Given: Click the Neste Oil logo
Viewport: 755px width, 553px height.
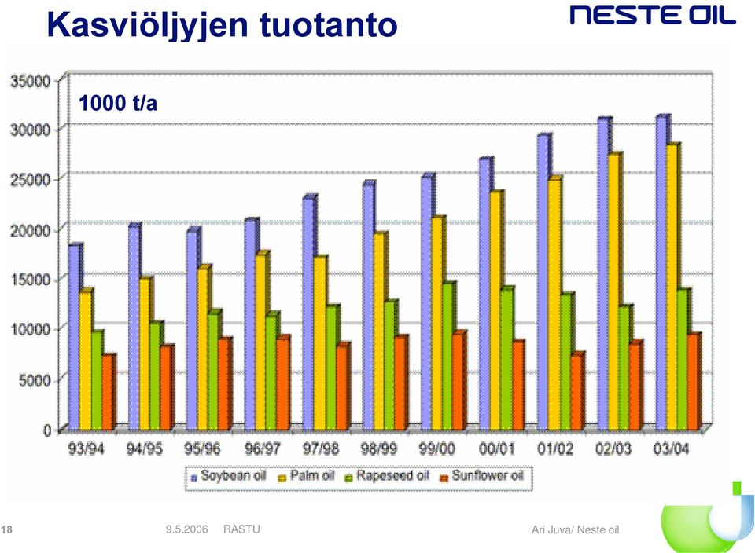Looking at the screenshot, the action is click(x=653, y=15).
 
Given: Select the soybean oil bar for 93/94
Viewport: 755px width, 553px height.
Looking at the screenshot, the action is click(x=75, y=337).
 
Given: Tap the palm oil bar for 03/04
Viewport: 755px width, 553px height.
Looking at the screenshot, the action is click(x=672, y=287).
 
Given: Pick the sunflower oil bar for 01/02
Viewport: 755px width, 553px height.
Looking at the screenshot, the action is click(x=578, y=390).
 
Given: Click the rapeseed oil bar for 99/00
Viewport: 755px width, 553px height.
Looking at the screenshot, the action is click(x=449, y=356).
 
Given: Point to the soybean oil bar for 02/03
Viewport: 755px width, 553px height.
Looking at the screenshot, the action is click(x=605, y=273).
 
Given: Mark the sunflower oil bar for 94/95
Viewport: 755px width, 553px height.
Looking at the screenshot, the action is click(x=167, y=387).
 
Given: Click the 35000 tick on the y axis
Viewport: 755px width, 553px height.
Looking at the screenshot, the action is click(x=31, y=81).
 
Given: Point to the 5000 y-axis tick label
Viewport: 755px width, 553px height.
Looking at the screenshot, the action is click(x=35, y=380).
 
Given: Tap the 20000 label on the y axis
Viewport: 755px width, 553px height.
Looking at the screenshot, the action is click(x=31, y=230).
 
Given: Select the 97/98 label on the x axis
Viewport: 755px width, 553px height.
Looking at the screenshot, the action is click(x=321, y=449).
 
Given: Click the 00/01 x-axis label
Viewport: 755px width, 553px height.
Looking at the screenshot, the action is click(x=497, y=449).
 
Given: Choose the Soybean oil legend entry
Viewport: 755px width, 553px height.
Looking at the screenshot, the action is click(x=228, y=476).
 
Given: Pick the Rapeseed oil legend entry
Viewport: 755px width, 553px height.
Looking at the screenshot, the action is click(x=387, y=476).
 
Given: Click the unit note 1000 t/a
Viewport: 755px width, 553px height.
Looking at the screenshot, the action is click(x=118, y=104).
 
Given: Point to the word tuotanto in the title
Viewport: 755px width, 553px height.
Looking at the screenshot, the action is click(x=329, y=25).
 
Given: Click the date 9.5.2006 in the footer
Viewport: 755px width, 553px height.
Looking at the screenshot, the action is click(x=187, y=529).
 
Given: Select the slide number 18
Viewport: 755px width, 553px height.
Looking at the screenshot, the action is click(x=7, y=530).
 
